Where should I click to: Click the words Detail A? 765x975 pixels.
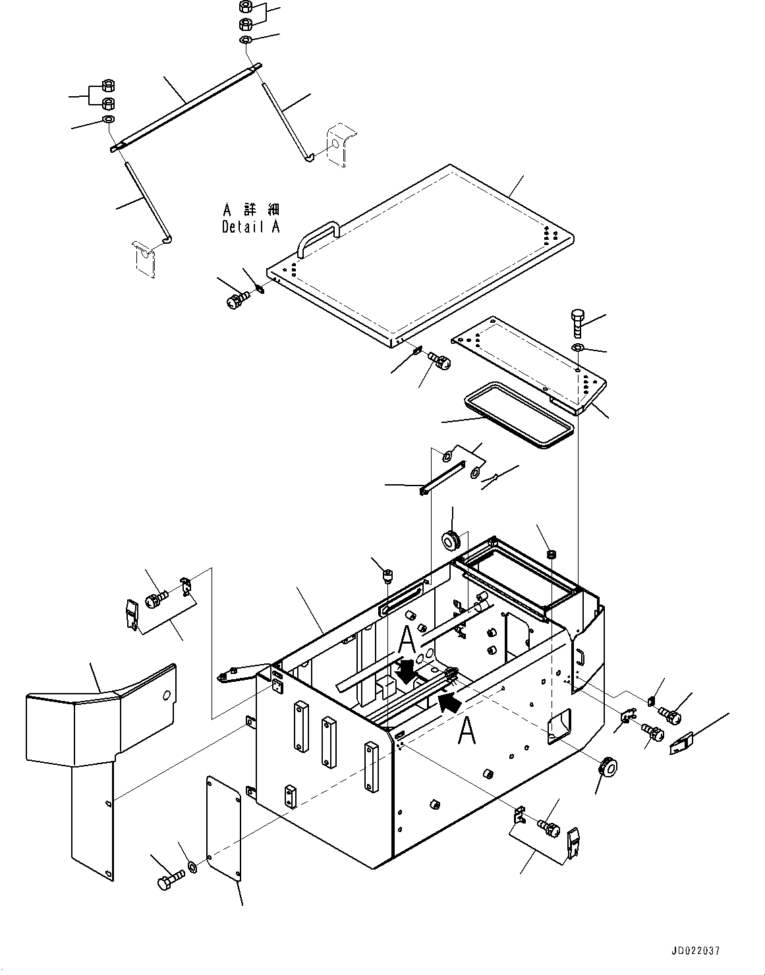pyautogui.click(x=251, y=227)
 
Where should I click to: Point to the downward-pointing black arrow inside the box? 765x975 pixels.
pyautogui.click(x=407, y=682)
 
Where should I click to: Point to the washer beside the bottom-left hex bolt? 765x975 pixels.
pyautogui.click(x=192, y=867)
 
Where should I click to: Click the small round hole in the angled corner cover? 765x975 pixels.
pyautogui.click(x=167, y=696)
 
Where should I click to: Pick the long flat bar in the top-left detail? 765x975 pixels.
pyautogui.click(x=185, y=108)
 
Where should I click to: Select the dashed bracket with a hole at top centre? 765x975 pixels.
pyautogui.click(x=341, y=144)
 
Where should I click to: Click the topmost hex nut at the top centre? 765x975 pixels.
pyautogui.click(x=245, y=7)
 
